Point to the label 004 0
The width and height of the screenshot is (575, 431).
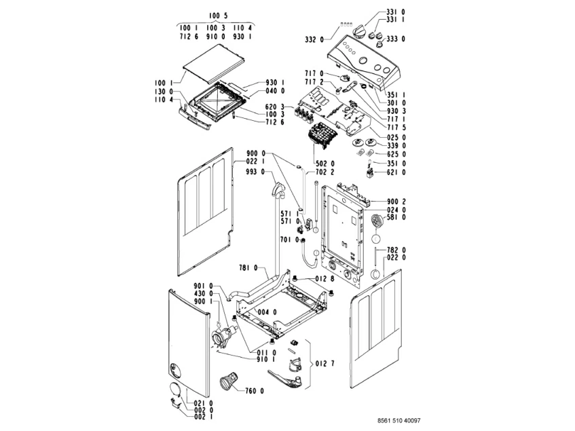pyautogui.click(x=266, y=312)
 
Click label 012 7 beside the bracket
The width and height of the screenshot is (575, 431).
pyautogui.click(x=326, y=364)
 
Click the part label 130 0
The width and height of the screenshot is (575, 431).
pyautogui.click(x=162, y=92)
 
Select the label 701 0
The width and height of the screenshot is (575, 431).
pyautogui.click(x=289, y=240)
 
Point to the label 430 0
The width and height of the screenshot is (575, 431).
pyautogui.click(x=203, y=293)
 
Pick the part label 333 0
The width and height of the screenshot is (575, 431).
pyautogui.click(x=394, y=39)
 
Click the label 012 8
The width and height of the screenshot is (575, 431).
pyautogui.click(x=323, y=279)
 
